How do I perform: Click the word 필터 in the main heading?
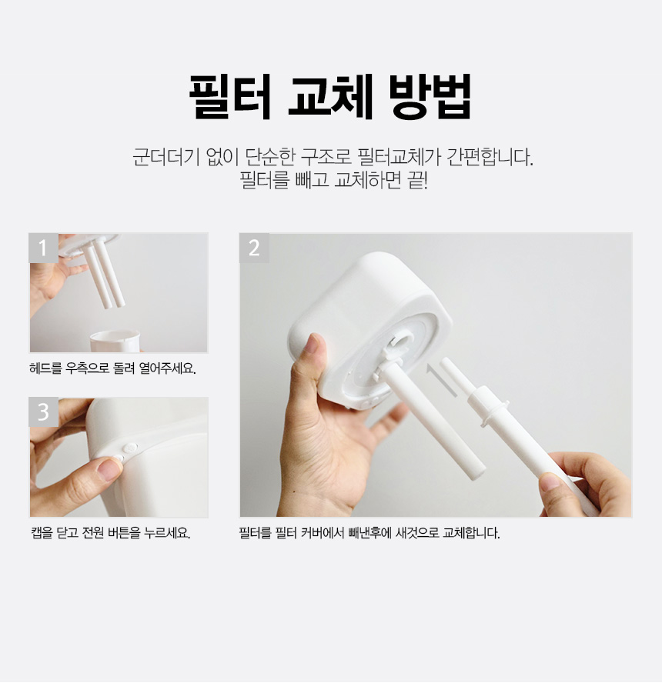click(x=230, y=97)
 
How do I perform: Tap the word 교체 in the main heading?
click(x=331, y=97)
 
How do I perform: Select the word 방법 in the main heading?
click(x=430, y=97)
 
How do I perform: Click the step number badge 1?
click(x=43, y=248)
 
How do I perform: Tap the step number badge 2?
click(x=254, y=248)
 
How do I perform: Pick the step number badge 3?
click(x=43, y=412)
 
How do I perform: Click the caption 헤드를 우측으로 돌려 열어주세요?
click(x=112, y=368)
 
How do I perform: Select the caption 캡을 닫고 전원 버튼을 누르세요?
click(x=111, y=532)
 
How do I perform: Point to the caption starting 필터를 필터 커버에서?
click(x=369, y=532)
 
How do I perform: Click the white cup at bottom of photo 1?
click(x=115, y=341)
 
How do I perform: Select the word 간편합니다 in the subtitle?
click(x=490, y=157)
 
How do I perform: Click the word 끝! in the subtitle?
click(x=417, y=180)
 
